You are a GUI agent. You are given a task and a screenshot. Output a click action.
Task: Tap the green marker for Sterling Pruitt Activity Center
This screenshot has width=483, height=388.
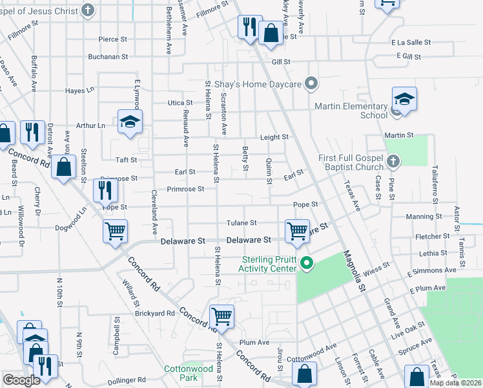pyautogui.click(x=307, y=263)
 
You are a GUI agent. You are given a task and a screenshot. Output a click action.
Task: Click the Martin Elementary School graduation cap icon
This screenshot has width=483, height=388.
pyautogui.click(x=404, y=100)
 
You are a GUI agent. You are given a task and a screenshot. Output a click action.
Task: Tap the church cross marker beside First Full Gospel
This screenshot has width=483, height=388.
pyautogui.click(x=393, y=160)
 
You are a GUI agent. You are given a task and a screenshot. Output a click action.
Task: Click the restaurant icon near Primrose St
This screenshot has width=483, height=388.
pyautogui.click(x=105, y=189)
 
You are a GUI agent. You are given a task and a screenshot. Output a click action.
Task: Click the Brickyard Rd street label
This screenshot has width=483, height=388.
pyautogui.click(x=155, y=313)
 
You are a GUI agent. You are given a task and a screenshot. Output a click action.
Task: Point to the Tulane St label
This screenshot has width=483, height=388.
pyautogui.click(x=241, y=223)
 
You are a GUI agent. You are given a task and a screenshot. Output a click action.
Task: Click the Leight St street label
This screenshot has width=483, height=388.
pyautogui.click(x=274, y=137)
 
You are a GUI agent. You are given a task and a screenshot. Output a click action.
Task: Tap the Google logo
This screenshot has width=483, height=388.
pyautogui.click(x=21, y=380)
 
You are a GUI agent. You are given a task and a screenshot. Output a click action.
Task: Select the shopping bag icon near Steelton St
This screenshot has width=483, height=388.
pyautogui.click(x=64, y=167)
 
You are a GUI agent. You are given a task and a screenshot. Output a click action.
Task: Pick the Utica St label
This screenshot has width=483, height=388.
pyautogui.click(x=180, y=103)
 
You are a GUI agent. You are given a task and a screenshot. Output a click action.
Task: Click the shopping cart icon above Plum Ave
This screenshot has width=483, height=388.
pyautogui.click(x=221, y=316)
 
